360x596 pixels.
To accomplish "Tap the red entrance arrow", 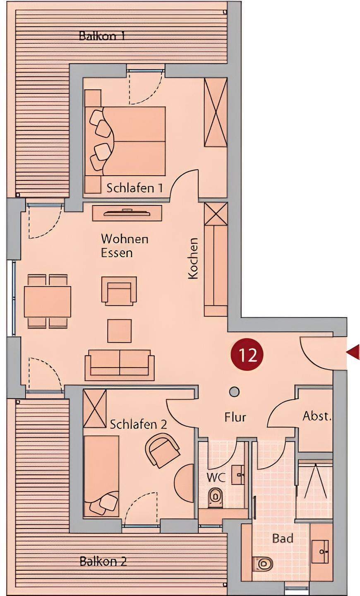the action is click(353, 352).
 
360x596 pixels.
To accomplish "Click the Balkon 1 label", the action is click(102, 36).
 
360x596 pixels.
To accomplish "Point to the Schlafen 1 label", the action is click(134, 188).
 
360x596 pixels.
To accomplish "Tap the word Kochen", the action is click(193, 258).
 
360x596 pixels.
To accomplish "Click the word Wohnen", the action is click(125, 239).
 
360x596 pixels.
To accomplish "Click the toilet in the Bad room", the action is click(263, 562).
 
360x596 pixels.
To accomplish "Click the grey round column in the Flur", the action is click(234, 392).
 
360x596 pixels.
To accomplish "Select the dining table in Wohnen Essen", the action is click(47, 301).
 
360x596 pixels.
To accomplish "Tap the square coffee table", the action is click(120, 331).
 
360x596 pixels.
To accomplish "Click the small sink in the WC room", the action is click(238, 475).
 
